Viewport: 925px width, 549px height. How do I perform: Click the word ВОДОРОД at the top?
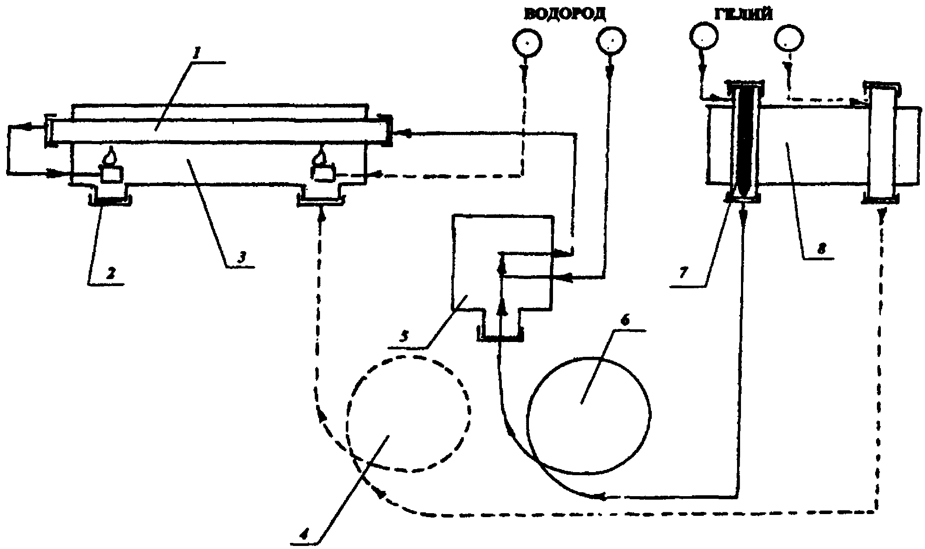click(x=565, y=14)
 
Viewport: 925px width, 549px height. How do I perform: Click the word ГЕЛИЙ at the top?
click(x=743, y=14)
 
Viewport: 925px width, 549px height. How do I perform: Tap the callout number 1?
click(x=197, y=55)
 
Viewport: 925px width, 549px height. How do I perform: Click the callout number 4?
click(x=306, y=533)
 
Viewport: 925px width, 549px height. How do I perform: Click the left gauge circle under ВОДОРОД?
click(x=527, y=43)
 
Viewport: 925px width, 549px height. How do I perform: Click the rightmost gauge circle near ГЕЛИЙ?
click(x=789, y=43)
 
